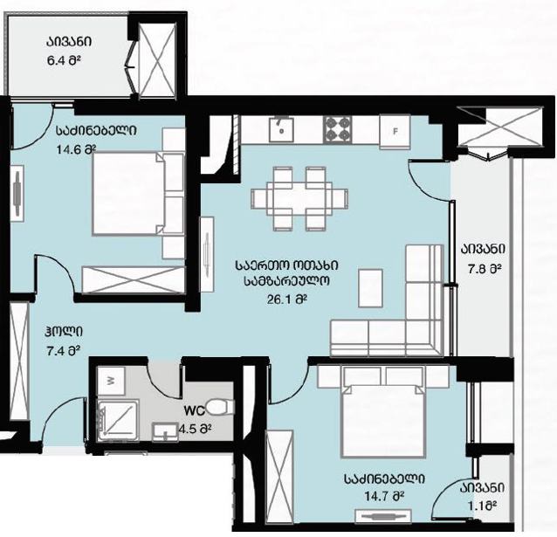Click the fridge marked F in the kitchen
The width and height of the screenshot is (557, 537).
point(395,131)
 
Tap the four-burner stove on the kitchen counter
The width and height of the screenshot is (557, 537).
point(337,129)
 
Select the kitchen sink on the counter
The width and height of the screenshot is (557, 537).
point(281,129)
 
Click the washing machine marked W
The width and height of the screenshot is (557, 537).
point(111,381)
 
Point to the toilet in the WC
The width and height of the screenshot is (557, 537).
point(220,407)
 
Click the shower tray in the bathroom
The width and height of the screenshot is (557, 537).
point(117,420)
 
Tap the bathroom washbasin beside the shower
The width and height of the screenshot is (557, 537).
point(165,432)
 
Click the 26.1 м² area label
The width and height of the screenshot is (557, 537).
point(286,299)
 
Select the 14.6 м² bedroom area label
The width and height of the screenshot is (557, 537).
point(76,149)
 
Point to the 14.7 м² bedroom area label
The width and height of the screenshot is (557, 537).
point(385,495)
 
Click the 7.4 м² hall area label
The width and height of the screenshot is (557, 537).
point(63,351)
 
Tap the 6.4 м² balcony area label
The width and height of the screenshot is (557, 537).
point(64,59)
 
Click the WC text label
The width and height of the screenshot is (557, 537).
point(195,411)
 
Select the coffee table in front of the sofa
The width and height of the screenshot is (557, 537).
point(370,288)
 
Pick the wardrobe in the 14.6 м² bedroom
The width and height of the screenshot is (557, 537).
point(134,279)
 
